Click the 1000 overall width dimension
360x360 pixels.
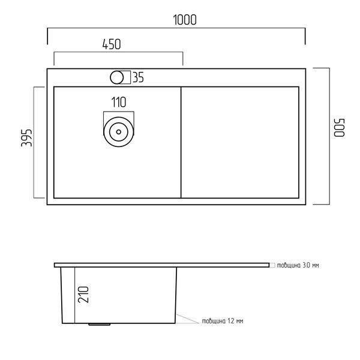[x=185, y=20]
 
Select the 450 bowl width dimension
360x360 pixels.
[x=112, y=44]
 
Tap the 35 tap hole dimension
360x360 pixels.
[x=138, y=77]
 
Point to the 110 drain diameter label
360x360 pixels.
[x=119, y=103]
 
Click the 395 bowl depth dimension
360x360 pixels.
[x=26, y=138]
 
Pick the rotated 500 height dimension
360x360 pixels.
[x=339, y=128]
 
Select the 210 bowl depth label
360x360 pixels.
[x=83, y=295]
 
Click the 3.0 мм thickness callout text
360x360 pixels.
[x=298, y=265]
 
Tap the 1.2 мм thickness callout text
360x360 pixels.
[x=223, y=321]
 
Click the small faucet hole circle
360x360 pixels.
[x=116, y=77]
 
